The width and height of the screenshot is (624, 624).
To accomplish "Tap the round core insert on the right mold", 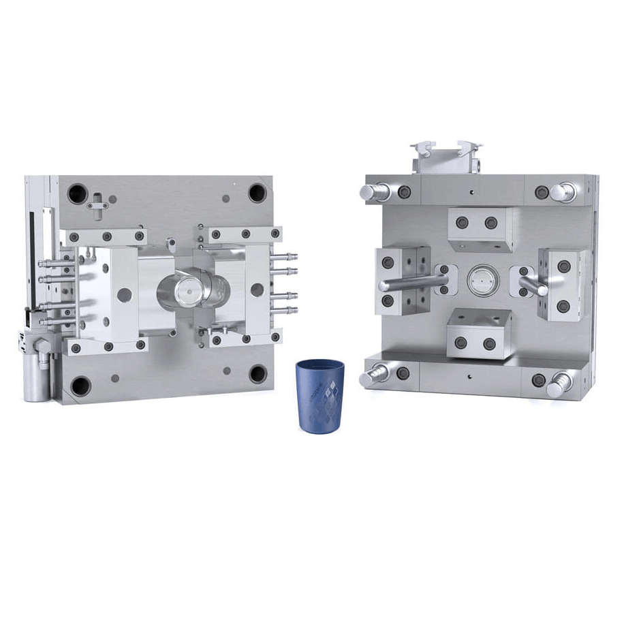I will click(x=481, y=279).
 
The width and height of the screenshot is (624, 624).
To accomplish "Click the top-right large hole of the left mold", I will click(x=257, y=192).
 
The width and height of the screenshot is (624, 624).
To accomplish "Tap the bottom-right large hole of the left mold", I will click(x=258, y=373).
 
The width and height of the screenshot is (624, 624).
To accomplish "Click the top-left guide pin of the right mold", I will click(x=373, y=191).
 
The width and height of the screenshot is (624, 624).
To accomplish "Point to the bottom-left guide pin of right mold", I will click(x=376, y=373).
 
